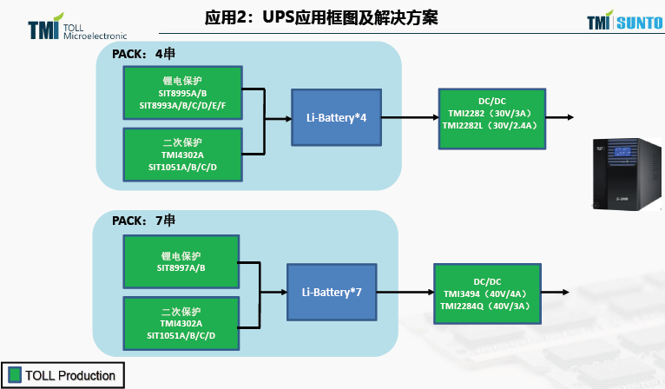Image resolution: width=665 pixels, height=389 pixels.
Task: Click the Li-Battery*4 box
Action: [x=335, y=117]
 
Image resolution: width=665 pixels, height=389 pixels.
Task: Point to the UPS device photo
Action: [x=623, y=174]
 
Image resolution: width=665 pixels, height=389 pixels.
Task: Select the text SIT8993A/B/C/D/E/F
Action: [x=182, y=106]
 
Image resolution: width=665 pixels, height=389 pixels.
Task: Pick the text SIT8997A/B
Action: [x=181, y=267]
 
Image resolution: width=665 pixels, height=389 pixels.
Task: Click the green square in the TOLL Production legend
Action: [x=14, y=375]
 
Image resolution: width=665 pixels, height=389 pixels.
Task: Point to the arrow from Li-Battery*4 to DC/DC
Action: [x=409, y=117]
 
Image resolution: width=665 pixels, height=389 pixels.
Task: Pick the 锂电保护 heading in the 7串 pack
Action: [x=181, y=256]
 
